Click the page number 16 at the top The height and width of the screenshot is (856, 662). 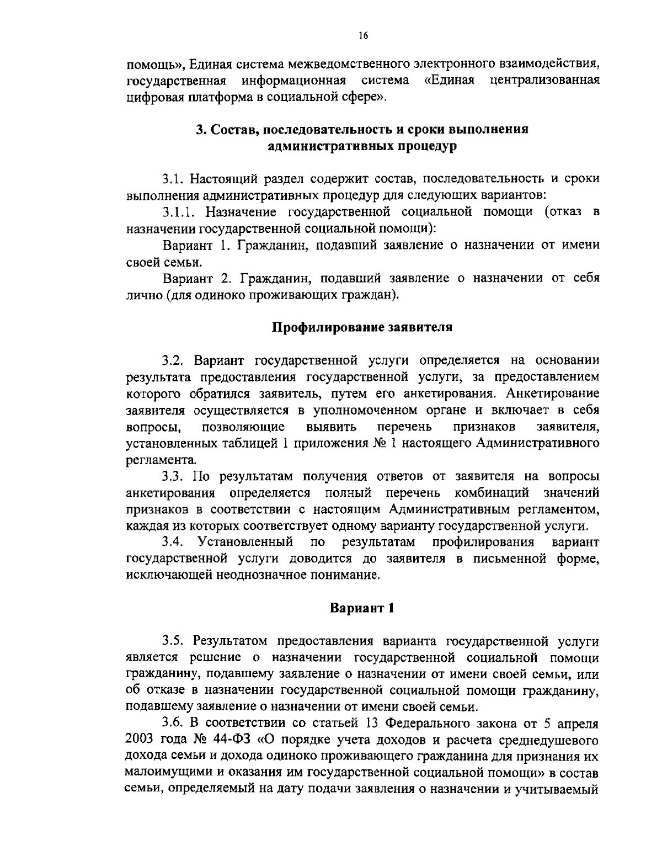[x=362, y=36]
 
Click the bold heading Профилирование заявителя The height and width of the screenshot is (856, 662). [x=362, y=327]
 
